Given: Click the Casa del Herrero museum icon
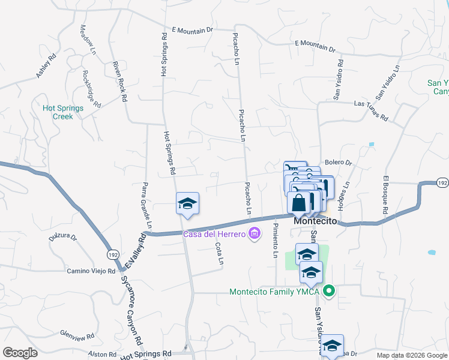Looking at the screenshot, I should coord(255,233).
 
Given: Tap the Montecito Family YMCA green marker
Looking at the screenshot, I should coord(328,292).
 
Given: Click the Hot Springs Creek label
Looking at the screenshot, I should coord(58,112).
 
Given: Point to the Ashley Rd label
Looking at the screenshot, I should coord(46,66).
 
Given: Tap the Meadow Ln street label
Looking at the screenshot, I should coord(88,41).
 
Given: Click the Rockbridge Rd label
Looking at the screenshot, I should coord(91,89).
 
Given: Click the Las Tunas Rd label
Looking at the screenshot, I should coord(370,111).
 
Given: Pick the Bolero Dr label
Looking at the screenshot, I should coord(338,163).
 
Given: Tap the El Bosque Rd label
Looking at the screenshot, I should coord(385,195).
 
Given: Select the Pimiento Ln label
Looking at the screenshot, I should coord(275,240).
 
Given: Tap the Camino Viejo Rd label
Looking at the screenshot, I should coord(91,271).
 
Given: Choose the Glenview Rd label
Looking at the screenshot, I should coord(77,335).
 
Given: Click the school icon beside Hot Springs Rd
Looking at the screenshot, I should coord(187,204).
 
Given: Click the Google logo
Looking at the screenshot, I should coord(20,353).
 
